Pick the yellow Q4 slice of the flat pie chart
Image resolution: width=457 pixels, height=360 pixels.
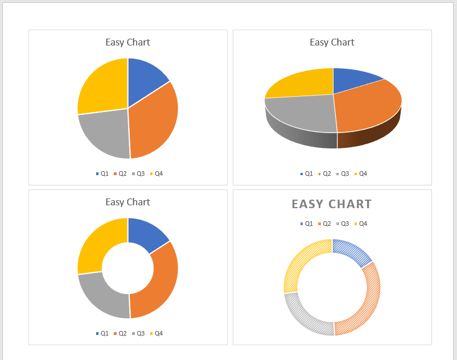pyautogui.click(x=102, y=85)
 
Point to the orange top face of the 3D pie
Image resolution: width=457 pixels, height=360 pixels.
pyautogui.click(x=367, y=105)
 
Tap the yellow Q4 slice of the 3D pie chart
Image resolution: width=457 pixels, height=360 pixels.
pyautogui.click(x=302, y=82)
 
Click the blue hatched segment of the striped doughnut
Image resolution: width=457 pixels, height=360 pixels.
pyautogui.click(x=353, y=250)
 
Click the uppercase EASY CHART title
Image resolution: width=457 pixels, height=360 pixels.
pyautogui.click(x=332, y=204)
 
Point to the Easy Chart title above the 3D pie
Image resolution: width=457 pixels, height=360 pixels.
pyautogui.click(x=332, y=42)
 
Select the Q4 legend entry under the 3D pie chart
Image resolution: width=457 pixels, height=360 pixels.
pyautogui.click(x=360, y=173)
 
